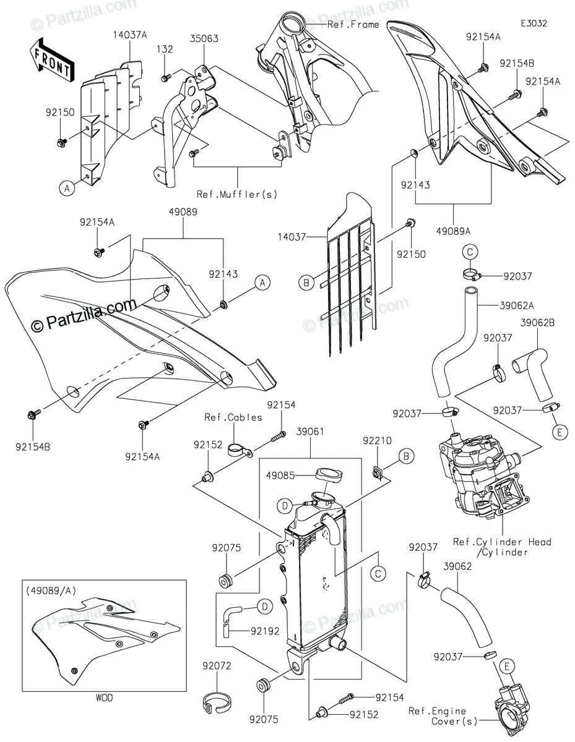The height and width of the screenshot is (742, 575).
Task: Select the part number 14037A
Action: click(130, 35)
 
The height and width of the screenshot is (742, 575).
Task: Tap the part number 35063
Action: click(204, 38)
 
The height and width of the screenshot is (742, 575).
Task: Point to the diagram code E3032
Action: click(533, 23)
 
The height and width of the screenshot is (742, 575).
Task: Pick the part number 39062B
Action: click(537, 323)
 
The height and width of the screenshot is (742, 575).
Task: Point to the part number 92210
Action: click(378, 441)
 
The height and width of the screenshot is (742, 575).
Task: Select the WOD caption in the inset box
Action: click(104, 698)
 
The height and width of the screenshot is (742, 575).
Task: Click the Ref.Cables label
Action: click(233, 417)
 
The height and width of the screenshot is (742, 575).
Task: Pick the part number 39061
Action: click(309, 431)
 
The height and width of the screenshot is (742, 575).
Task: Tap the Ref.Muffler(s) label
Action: click(237, 194)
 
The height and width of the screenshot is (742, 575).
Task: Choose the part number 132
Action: click(165, 48)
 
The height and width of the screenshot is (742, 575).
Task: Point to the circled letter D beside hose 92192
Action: click(264, 607)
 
